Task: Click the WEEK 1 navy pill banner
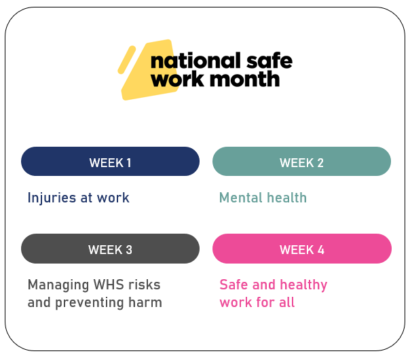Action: (110, 162)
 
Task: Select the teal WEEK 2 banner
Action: (301, 162)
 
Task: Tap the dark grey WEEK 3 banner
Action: (110, 249)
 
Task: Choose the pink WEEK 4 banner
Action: (301, 249)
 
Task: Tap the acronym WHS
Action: (107, 285)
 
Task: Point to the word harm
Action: (145, 303)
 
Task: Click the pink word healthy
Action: (302, 285)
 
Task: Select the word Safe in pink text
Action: (233, 285)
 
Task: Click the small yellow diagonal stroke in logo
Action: (126, 59)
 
